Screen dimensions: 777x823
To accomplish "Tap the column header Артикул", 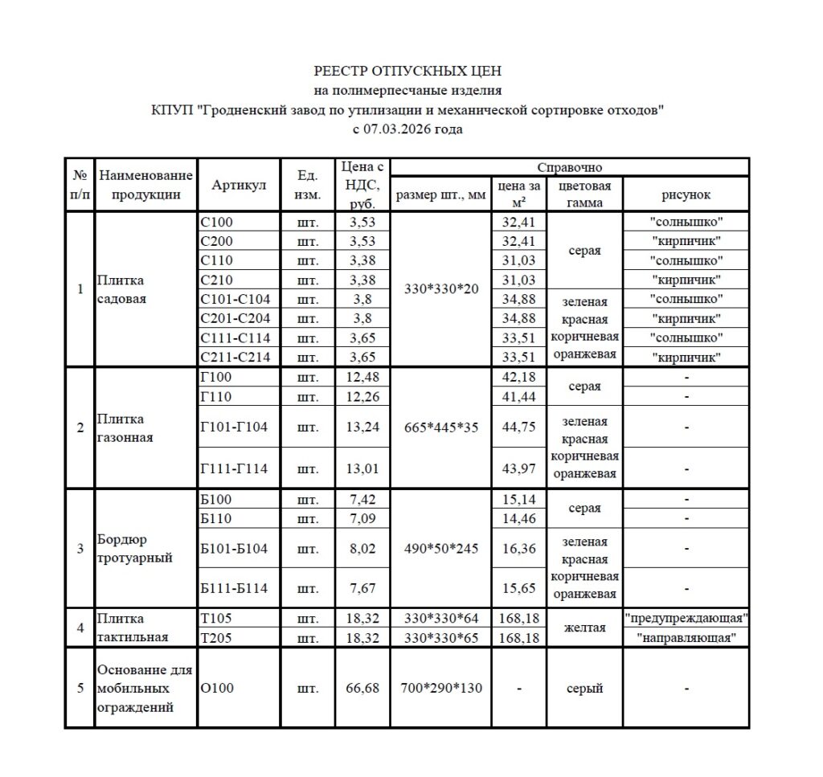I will click(x=239, y=186).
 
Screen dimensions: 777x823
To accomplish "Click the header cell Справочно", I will click(x=569, y=167).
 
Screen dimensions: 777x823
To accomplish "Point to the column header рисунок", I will click(x=686, y=194).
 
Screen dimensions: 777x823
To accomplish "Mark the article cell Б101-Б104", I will click(x=234, y=550).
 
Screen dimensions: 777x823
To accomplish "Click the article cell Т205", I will click(x=215, y=638).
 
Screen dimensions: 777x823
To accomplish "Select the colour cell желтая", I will click(x=584, y=628).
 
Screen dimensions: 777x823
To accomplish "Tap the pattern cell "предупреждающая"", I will click(x=686, y=619).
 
